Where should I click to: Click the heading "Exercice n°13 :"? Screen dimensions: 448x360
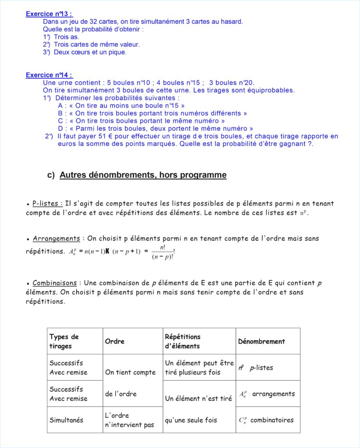(49, 14)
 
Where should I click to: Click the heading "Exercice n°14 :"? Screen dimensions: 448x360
(49, 75)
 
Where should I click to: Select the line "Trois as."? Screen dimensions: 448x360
(66, 37)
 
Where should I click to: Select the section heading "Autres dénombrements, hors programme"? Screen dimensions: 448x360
(143, 175)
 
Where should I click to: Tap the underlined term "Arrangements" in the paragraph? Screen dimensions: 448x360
(56, 238)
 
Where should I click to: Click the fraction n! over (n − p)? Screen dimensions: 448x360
(162, 252)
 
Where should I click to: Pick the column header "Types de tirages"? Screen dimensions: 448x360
(64, 341)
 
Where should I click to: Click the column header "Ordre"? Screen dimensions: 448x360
(115, 341)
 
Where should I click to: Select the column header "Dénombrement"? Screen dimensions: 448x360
(261, 341)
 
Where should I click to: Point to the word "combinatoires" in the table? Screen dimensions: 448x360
(272, 420)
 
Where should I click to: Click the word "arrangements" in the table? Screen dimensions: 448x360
(273, 394)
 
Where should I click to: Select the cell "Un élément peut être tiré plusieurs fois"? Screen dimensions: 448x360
(199, 367)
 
